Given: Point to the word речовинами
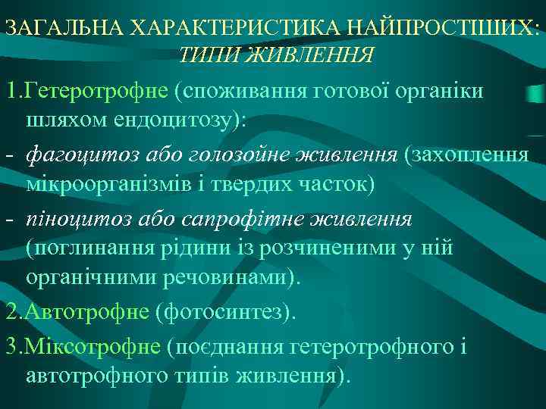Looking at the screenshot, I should click(228, 278).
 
